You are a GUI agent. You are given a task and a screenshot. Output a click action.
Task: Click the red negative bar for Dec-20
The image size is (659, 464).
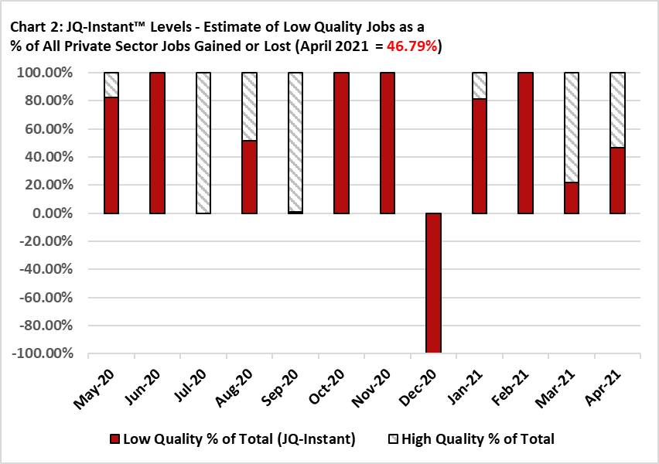tap(433, 283)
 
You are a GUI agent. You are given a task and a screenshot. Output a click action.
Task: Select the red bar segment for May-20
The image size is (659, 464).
tap(111, 155)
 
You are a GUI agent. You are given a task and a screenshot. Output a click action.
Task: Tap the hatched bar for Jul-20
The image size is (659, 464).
tap(203, 143)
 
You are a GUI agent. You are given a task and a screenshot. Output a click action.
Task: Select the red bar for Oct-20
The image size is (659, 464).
tap(342, 143)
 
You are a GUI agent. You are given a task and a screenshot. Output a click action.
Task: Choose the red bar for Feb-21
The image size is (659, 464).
tap(526, 143)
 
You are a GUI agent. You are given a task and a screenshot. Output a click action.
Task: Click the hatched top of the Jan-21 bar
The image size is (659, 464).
tap(480, 86)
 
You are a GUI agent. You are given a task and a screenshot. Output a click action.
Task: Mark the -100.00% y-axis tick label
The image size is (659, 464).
tap(44, 354)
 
